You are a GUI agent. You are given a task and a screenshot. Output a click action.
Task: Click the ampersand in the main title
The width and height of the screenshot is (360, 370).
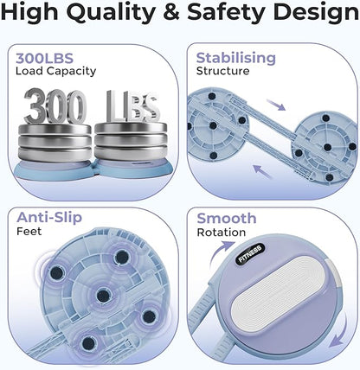(171, 12)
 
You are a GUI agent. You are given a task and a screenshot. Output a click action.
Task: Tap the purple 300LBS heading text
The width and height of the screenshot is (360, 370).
(45, 58)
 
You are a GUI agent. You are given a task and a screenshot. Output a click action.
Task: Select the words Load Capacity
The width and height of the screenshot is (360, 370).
(55, 71)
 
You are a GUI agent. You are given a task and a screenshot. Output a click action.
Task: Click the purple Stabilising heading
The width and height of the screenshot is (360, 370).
(236, 58)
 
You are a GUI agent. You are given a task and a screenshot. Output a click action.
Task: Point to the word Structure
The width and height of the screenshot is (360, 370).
(222, 71)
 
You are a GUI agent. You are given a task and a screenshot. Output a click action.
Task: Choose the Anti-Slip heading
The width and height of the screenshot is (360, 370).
(49, 217)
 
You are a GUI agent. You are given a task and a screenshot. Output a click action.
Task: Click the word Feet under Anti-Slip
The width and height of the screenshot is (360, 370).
(29, 231)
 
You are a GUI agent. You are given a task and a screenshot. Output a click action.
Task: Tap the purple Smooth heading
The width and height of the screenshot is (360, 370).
(227, 218)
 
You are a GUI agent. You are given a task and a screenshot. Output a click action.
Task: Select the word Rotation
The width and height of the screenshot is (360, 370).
(222, 233)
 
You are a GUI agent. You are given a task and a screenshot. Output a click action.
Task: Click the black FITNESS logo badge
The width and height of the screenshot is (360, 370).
(250, 253)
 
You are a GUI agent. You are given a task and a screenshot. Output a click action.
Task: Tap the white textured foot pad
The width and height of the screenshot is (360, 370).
(279, 290)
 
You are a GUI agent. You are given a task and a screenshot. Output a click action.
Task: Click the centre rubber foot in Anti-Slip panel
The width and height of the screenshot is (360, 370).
(104, 295)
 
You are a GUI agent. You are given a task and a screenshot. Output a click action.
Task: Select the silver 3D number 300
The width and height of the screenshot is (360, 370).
(55, 106)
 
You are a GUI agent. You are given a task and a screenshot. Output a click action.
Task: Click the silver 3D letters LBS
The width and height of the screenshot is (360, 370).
(133, 106)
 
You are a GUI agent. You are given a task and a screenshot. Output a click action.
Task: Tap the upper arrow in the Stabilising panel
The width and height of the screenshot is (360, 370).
(276, 105)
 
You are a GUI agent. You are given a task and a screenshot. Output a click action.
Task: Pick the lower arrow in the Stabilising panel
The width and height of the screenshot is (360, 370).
(262, 172)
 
